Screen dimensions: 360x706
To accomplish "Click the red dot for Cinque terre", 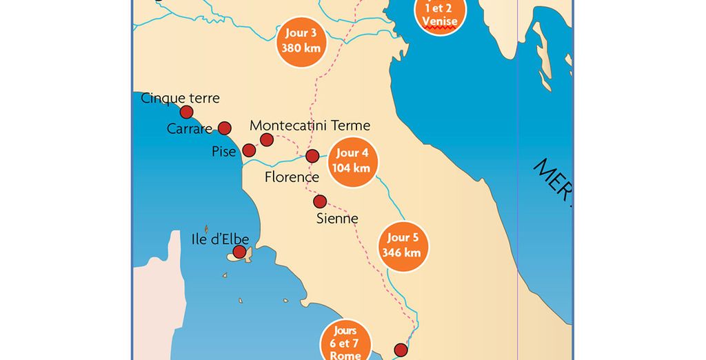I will coord(186,112).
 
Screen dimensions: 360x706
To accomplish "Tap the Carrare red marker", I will coord(225,128).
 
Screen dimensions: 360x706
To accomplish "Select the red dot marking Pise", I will coord(249,150).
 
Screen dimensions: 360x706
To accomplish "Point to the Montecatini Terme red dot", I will coord(267,140).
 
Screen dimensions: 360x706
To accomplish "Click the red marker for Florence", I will coord(312,156).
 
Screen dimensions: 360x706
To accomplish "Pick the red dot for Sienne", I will coord(320,201).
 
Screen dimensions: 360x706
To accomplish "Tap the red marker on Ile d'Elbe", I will coord(239,252).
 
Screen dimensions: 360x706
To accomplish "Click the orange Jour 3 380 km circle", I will coord(301,41).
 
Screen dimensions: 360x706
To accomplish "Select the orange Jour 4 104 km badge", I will coord(352,161).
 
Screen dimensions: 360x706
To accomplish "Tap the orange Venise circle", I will coord(440,14).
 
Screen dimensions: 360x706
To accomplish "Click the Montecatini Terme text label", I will coord(310,126).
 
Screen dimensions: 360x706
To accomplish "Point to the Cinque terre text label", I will coord(180,98).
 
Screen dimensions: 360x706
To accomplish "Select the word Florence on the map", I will coord(292,177).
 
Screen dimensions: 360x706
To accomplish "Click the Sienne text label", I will coord(337,219).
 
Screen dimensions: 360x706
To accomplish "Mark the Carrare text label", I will coord(190,129).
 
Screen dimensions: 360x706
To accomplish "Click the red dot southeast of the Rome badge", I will coord(401,350).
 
